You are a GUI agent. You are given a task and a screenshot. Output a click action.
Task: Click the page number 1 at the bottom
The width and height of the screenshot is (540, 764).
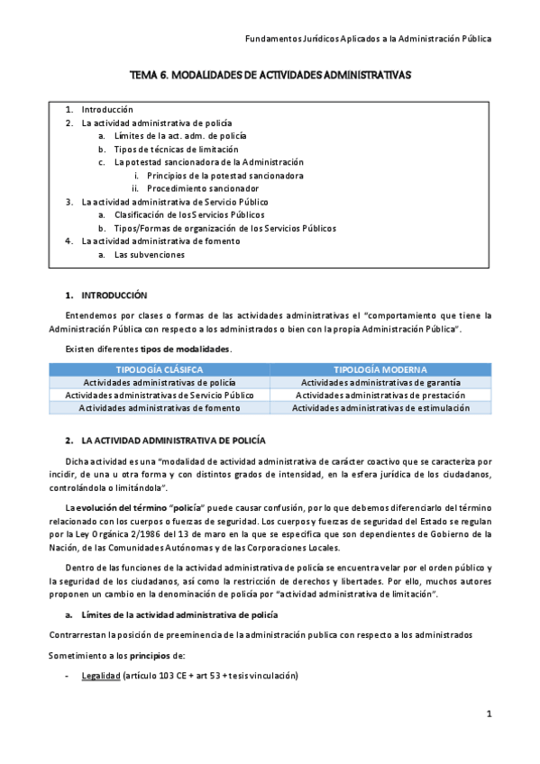(x=489, y=714)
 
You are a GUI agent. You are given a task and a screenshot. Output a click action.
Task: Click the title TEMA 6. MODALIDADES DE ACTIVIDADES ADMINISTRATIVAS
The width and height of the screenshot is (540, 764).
(x=270, y=77)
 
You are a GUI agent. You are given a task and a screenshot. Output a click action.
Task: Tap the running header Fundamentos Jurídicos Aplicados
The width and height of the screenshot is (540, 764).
(x=369, y=39)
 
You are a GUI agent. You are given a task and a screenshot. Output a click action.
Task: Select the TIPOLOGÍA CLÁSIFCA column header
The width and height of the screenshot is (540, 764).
(x=159, y=369)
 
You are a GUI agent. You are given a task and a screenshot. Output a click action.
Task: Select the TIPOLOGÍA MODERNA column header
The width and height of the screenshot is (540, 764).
(x=380, y=369)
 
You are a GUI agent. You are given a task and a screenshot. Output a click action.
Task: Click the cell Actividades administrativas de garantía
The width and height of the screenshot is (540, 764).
(x=380, y=382)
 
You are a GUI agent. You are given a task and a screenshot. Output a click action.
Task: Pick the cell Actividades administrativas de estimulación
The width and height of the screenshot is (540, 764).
(x=380, y=407)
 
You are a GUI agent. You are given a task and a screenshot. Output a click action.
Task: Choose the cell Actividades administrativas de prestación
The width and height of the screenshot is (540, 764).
(x=380, y=395)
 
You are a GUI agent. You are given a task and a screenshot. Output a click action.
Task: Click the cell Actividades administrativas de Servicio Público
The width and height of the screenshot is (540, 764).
(x=159, y=395)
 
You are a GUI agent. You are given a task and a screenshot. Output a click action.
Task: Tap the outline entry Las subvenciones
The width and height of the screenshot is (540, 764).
(x=149, y=254)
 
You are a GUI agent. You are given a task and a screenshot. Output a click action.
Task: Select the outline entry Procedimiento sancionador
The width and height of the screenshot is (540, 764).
(x=202, y=188)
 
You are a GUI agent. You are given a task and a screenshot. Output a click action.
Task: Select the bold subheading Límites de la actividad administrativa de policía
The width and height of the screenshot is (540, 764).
(x=179, y=614)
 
